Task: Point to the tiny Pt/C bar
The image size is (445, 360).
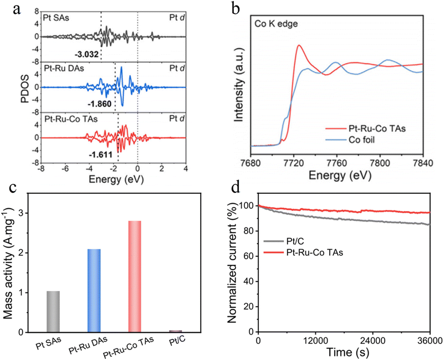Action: [x=176, y=331]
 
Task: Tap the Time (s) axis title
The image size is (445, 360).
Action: [x=343, y=353]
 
